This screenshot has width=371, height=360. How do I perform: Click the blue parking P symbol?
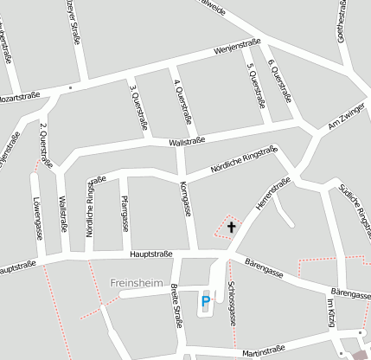point(205,301)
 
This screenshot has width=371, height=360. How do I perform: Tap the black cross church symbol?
point(231,228)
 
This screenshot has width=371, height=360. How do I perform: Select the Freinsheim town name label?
point(136,283)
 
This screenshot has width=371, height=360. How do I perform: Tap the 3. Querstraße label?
point(138,105)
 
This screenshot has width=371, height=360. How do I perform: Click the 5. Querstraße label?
point(255,84)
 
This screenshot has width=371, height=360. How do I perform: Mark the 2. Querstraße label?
point(45,146)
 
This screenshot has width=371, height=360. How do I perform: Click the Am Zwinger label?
point(332,124)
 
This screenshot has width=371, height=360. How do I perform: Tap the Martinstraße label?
point(263,351)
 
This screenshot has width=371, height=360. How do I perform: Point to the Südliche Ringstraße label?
point(356,204)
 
